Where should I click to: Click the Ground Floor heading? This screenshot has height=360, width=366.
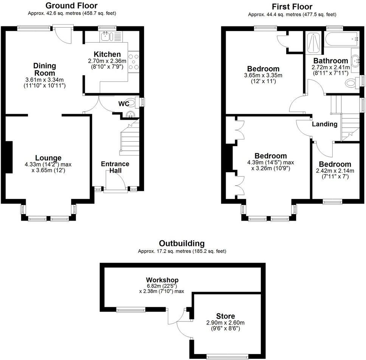(71, 6)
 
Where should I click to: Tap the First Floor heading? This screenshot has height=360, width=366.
(292, 7)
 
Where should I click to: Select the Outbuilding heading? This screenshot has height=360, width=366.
(181, 243)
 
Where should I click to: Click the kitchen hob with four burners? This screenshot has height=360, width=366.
(134, 62)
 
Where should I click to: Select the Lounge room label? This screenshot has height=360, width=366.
(48, 158)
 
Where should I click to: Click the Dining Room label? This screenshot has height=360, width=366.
(45, 69)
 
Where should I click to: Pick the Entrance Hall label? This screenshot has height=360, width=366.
(115, 167)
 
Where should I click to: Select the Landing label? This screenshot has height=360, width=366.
(324, 124)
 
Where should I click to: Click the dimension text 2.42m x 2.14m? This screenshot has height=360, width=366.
(335, 171)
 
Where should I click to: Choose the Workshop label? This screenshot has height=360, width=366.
(162, 280)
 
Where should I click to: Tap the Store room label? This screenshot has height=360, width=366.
(225, 316)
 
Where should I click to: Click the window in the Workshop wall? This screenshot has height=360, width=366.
(131, 310)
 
